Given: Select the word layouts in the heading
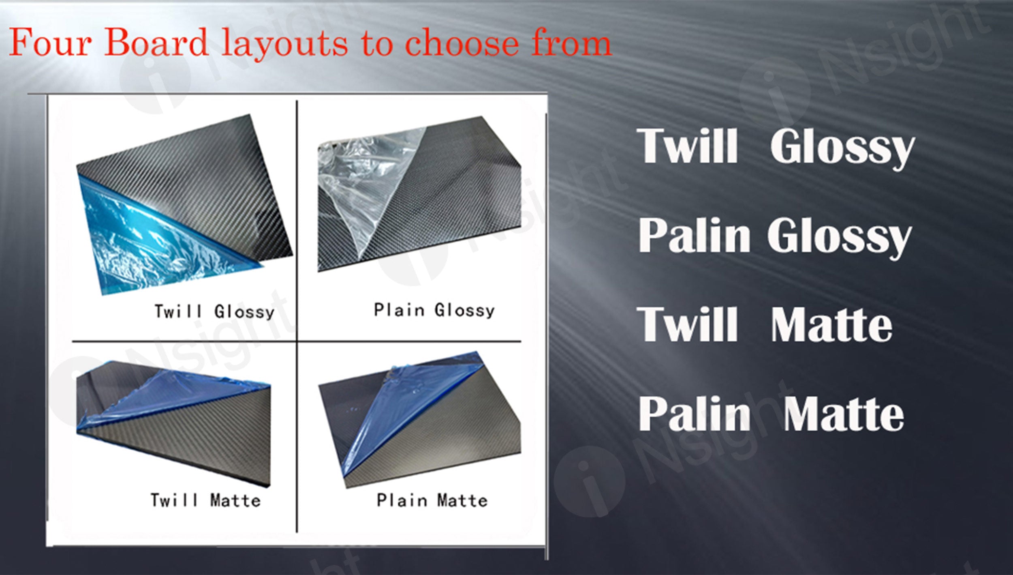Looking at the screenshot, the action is tap(284, 45).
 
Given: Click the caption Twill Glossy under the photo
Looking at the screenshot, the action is tap(214, 311).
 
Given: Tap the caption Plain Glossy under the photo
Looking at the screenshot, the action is tap(434, 310).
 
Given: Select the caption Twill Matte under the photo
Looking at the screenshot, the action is tap(205, 500).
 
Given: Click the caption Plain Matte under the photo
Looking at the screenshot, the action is tap(432, 500).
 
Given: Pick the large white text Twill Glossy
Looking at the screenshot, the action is tap(776, 147).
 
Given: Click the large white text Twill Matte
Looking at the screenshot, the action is tap(765, 324).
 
